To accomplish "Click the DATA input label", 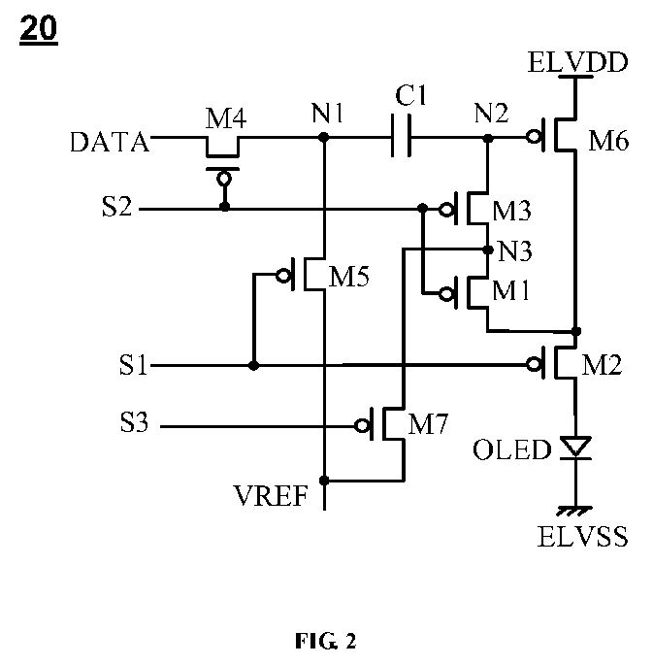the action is (x=110, y=142).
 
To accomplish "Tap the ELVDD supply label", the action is (x=577, y=62).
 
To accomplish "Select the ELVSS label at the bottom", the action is (x=582, y=536).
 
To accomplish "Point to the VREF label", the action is (x=271, y=495).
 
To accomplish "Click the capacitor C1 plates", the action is (x=401, y=136).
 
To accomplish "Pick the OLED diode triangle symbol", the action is (x=575, y=448).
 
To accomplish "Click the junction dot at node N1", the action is (x=324, y=137).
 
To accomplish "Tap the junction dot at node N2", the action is (x=488, y=138).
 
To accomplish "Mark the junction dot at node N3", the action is (x=488, y=249).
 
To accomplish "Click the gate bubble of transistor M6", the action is (x=533, y=137).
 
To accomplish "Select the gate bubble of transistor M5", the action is (x=282, y=276).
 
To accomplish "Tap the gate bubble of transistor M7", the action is (x=362, y=425).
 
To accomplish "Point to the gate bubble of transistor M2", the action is (x=533, y=364).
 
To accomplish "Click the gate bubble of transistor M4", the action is (x=224, y=179).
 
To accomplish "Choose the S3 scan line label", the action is (x=134, y=422).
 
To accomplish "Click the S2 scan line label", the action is (x=116, y=207).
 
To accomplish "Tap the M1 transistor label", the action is (x=511, y=291).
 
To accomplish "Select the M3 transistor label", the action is (x=511, y=211).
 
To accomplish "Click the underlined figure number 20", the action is (x=39, y=29).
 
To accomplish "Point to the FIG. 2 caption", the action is (x=326, y=641).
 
